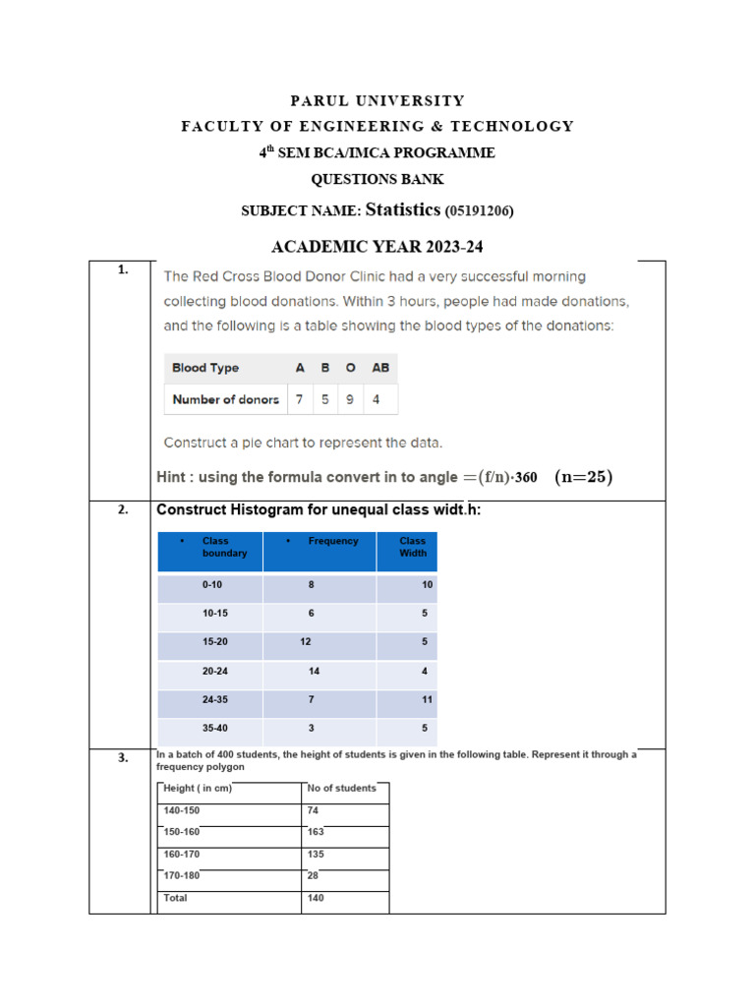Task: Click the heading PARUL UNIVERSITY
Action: click(377, 100)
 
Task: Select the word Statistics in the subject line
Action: click(403, 208)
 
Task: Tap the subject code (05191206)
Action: click(480, 210)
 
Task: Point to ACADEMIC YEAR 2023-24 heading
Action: click(377, 247)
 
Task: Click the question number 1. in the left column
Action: click(122, 269)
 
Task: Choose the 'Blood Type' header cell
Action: click(205, 368)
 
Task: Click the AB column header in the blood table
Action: click(379, 368)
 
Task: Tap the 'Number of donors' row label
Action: click(225, 399)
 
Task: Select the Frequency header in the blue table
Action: click(333, 541)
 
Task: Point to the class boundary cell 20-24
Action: click(213, 671)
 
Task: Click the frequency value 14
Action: click(314, 671)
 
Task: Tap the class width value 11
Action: click(428, 699)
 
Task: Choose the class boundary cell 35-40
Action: click(213, 728)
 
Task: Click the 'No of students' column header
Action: click(342, 788)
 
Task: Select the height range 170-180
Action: click(182, 876)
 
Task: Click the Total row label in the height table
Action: click(176, 898)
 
